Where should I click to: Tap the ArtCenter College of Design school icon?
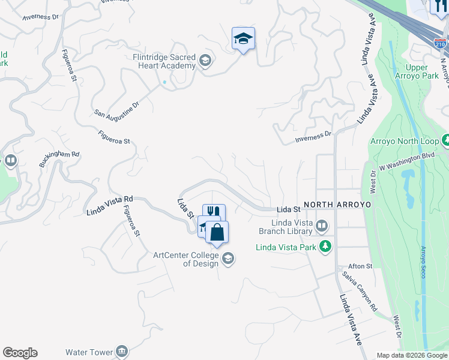click(228, 259)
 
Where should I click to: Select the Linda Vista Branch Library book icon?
click(322, 226)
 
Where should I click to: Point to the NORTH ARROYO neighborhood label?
click(337, 205)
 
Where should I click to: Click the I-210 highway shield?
click(441, 43)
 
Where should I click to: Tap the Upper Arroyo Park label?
click(421, 72)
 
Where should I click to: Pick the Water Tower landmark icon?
click(122, 351)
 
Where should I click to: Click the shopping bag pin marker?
click(217, 233)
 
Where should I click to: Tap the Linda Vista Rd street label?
click(109, 205)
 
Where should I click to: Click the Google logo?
click(20, 353)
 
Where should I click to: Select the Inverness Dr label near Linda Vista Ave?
click(313, 138)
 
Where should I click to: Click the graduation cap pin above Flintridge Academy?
click(243, 39)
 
